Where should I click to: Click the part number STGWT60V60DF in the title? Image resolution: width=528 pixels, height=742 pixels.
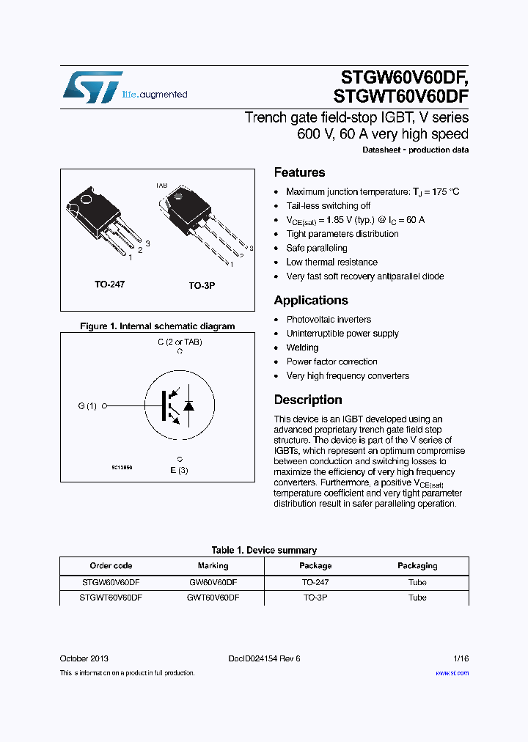400,95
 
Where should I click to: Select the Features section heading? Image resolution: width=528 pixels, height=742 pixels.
299,172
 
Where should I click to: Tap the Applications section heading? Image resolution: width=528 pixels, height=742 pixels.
311,300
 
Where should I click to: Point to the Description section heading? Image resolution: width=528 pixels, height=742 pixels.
308,400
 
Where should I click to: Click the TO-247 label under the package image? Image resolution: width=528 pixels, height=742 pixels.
109,284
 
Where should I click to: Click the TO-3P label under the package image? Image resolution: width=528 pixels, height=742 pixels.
202,285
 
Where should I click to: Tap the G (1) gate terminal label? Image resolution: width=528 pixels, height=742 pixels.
87,405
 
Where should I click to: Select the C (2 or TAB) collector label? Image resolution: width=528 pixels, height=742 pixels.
180,342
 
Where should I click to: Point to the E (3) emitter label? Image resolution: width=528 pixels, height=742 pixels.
180,470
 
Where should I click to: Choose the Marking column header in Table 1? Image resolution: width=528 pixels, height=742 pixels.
213,565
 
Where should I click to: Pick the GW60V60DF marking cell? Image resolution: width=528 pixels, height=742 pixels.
213,582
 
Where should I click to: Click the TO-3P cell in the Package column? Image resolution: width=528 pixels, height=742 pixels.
315,598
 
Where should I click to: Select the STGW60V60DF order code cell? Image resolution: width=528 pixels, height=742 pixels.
111,582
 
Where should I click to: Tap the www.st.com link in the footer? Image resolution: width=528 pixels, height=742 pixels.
452,672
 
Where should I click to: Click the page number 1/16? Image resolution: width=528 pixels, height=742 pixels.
459,658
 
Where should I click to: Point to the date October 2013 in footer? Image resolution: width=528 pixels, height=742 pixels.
84,658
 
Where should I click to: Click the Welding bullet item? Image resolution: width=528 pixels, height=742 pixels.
302,348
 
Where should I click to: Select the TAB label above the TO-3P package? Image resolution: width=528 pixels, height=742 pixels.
161,186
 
